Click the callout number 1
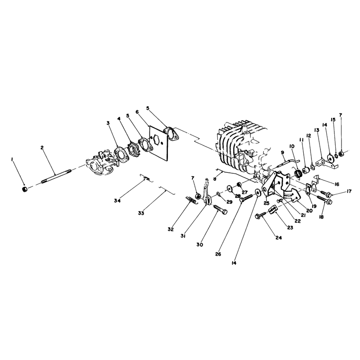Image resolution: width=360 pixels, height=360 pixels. tap(12, 160)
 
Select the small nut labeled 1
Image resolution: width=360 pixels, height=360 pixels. tap(25, 189)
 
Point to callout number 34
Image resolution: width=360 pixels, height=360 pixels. tap(117, 201)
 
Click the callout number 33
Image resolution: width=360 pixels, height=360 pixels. tap(141, 213)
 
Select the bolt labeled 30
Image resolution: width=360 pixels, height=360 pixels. tap(220, 209)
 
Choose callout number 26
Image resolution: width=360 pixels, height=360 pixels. tap(218, 254)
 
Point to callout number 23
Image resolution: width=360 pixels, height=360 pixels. tap(290, 228)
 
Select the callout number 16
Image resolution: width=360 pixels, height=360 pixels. tap(337, 184)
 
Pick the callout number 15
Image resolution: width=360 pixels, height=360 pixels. tap(333, 120)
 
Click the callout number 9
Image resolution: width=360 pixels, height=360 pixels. tap(283, 152)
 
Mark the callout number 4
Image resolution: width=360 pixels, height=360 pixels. tap(119, 119)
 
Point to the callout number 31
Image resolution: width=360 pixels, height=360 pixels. tap(183, 236)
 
